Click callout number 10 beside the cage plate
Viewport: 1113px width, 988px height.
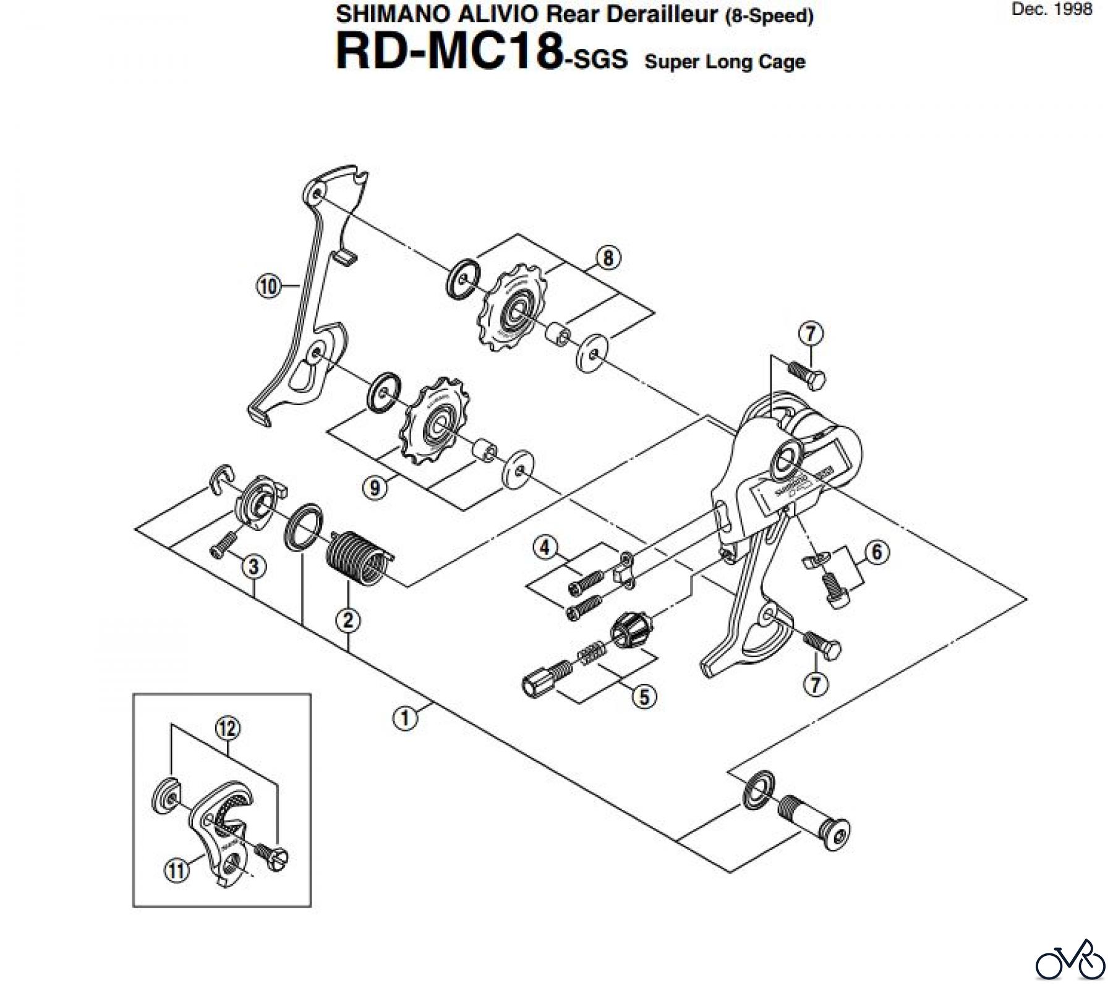(268, 286)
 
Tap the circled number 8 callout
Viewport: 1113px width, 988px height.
(608, 257)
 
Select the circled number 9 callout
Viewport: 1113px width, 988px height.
(375, 487)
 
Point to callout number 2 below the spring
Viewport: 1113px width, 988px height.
(348, 619)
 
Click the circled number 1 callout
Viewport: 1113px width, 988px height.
(404, 718)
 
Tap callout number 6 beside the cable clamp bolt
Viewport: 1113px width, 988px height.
(877, 552)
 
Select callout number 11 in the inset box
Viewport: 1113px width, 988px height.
(176, 871)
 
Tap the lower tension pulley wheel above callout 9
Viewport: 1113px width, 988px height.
(435, 422)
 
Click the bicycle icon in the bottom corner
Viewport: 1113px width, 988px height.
(1070, 962)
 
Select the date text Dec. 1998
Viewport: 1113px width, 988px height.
(1052, 10)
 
